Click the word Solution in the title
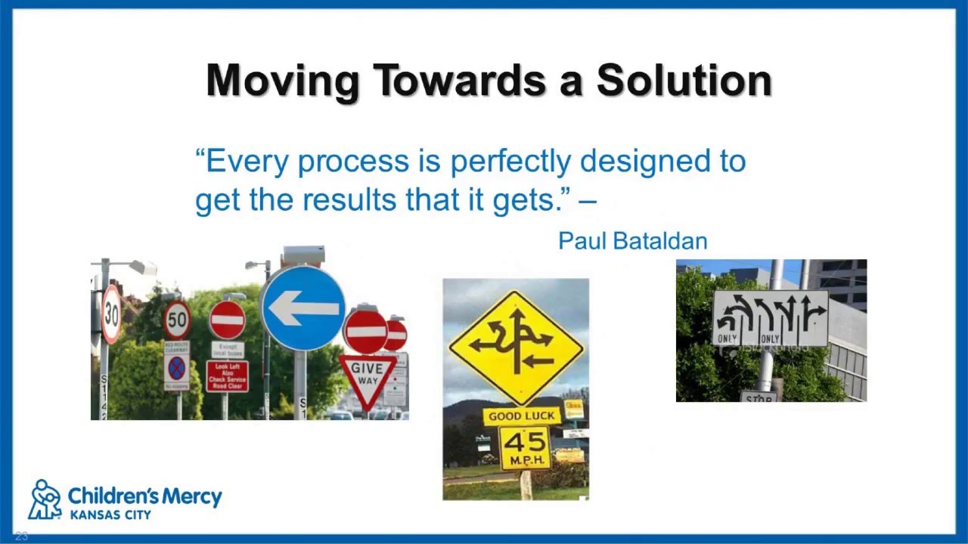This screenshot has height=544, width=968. point(684,80)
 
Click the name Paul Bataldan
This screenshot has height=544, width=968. point(632,241)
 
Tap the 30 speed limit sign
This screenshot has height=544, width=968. point(111,314)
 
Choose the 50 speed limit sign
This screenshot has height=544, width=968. point(177,320)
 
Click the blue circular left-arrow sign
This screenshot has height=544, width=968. point(303,308)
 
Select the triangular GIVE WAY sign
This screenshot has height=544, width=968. point(367,377)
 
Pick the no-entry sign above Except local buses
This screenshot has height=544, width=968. point(227,320)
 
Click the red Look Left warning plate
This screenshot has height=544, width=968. point(227,376)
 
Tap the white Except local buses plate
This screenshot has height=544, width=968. point(227,350)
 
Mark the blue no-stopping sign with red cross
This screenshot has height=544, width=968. point(176,369)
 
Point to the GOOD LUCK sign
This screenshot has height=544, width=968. point(521,416)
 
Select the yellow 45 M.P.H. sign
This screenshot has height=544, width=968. point(525,448)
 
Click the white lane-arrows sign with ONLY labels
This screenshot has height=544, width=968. point(770,318)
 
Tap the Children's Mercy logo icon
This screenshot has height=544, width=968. point(45,499)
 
